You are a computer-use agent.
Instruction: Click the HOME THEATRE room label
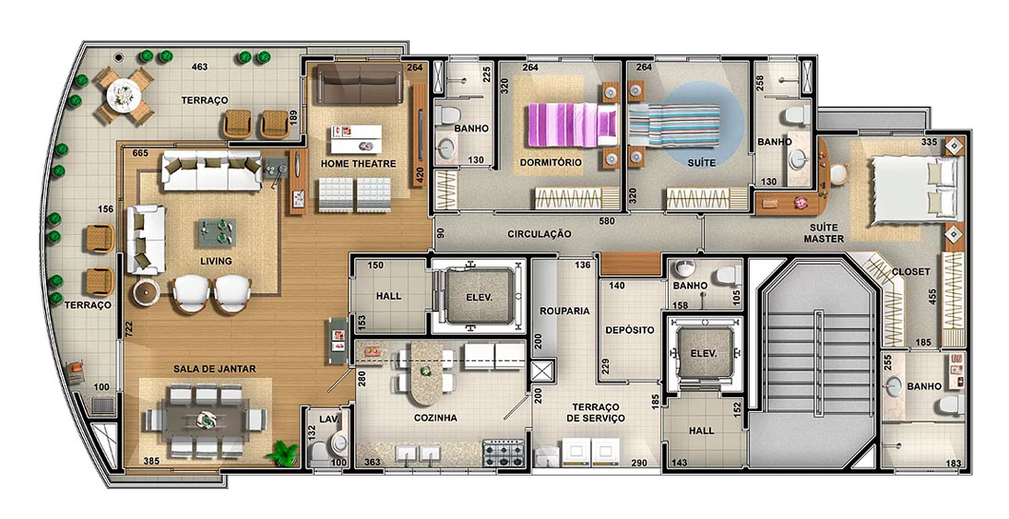click(x=359, y=164)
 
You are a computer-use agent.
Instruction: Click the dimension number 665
click(x=139, y=153)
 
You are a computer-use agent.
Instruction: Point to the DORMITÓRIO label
click(x=551, y=162)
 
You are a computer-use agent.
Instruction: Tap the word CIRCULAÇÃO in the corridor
click(x=540, y=234)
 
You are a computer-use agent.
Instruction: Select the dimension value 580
click(x=607, y=221)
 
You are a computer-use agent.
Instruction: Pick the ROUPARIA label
click(x=565, y=311)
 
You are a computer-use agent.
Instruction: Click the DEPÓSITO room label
click(x=629, y=330)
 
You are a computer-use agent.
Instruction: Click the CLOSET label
click(x=910, y=271)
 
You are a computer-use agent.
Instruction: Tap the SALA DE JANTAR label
click(x=214, y=369)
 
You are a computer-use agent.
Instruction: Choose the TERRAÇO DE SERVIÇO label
click(x=595, y=412)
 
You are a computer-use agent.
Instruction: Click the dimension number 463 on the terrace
click(x=199, y=66)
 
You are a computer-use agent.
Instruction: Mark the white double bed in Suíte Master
click(x=908, y=187)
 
